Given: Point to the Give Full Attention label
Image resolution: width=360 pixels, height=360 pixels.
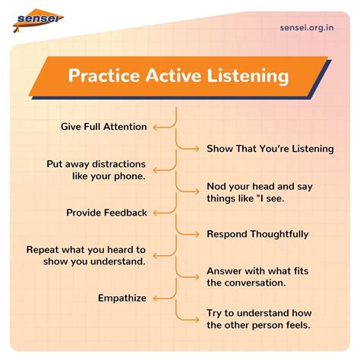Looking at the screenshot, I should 103,127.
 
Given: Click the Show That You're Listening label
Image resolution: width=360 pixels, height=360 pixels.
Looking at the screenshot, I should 270,149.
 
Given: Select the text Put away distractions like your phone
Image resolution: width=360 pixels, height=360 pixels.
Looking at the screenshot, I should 96,170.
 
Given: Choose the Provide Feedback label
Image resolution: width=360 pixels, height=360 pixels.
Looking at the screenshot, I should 106,213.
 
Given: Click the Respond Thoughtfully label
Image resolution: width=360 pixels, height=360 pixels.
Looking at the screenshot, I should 257,235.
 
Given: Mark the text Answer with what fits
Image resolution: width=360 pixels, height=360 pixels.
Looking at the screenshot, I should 257,271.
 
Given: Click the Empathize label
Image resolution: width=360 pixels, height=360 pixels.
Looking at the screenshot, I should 122,298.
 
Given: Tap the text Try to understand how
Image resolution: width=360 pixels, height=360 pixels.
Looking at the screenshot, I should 259,313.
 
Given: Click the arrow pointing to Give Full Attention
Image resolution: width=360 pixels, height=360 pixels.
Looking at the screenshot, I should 162,127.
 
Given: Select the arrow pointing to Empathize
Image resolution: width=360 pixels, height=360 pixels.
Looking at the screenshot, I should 162,298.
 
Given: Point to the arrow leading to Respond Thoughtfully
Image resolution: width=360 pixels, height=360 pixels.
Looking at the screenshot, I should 190,235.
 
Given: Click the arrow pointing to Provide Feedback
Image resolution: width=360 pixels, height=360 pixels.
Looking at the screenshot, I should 162,213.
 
